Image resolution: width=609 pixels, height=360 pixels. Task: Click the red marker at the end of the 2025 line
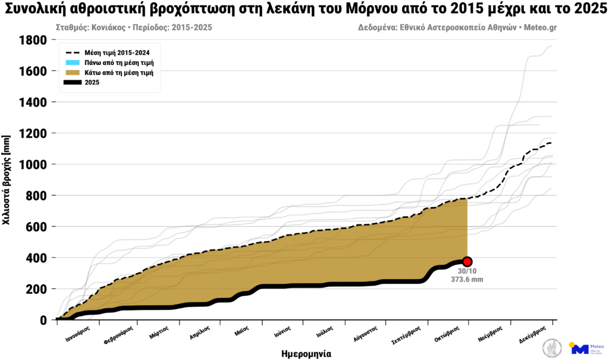[467, 262]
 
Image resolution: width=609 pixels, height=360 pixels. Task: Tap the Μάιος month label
[241, 331]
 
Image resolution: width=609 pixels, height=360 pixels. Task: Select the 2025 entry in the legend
[92, 83]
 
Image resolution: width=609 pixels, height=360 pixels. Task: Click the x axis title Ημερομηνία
[306, 353]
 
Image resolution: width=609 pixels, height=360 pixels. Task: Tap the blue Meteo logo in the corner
[580, 349]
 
